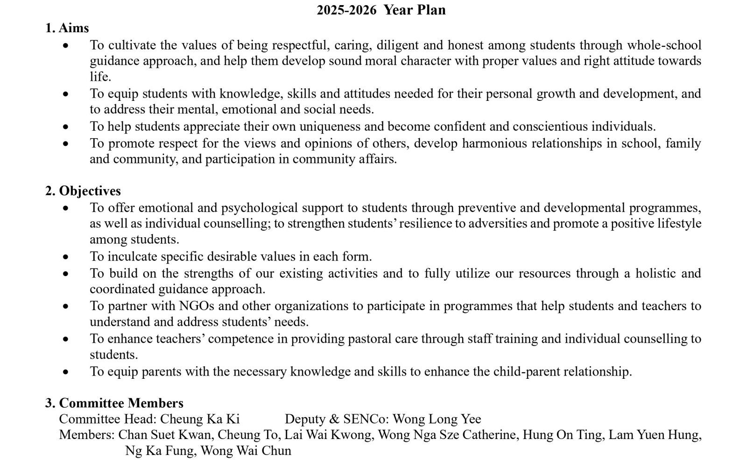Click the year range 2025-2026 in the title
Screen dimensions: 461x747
tap(346, 10)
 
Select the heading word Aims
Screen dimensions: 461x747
tap(74, 28)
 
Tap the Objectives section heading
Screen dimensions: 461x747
tap(90, 191)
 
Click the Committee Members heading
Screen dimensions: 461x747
tap(121, 403)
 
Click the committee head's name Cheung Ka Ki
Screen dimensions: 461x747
tap(200, 419)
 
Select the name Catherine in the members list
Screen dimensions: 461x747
tap(487, 435)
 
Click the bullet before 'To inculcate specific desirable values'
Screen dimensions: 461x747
tap(65, 257)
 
